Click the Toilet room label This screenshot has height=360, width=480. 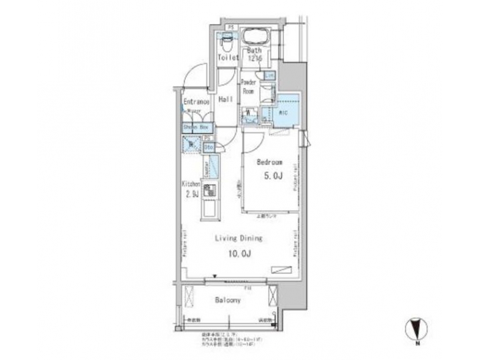coord(227,58)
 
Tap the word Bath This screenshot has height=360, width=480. coord(255,51)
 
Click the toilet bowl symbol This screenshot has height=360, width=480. coord(227,42)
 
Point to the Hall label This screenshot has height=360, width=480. coord(225,99)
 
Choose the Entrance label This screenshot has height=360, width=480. coord(196,102)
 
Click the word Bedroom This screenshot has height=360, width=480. coord(271,162)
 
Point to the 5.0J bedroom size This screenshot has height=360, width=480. coord(271,176)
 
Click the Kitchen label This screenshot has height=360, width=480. coord(191,184)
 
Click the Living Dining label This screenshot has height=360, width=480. coord(238,237)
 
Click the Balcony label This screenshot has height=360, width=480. coord(227,301)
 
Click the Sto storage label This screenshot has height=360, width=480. coord(207,147)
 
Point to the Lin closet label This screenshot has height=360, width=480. coord(269,76)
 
